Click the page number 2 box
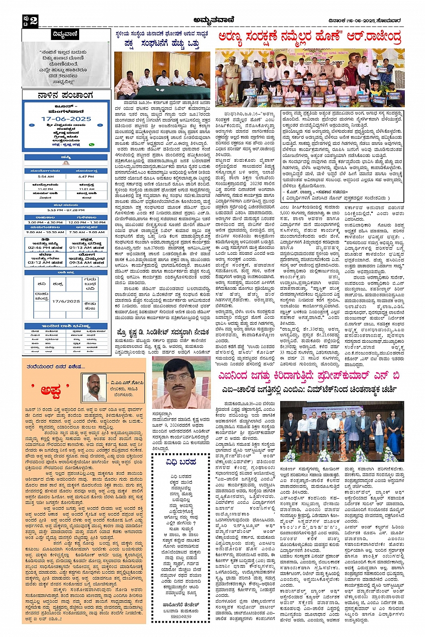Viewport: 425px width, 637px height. pyautogui.click(x=30, y=21)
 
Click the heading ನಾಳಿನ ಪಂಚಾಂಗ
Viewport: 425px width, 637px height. pyautogui.click(x=66, y=95)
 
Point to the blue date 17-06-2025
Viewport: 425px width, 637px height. pyautogui.click(x=66, y=119)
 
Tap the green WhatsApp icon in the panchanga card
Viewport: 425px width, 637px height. pyautogui.click(x=92, y=145)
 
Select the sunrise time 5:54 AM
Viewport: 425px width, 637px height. pyautogui.click(x=45, y=177)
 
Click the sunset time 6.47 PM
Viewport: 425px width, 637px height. pyautogui.click(x=86, y=177)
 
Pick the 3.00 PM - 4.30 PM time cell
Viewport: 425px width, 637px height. pyautogui.click(x=45, y=222)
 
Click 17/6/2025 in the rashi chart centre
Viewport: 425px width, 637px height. pyautogui.click(x=66, y=301)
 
